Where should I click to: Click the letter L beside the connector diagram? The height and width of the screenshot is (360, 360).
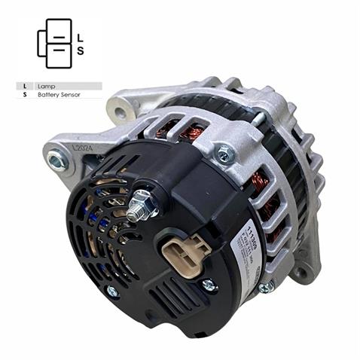tap(81, 35)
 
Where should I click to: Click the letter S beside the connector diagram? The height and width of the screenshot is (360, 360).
tap(81, 50)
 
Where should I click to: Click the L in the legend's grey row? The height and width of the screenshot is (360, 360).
tap(26, 87)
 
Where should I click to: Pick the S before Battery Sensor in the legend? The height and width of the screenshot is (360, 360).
tap(26, 96)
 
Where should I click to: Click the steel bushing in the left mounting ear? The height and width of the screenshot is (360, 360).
tap(57, 159)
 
